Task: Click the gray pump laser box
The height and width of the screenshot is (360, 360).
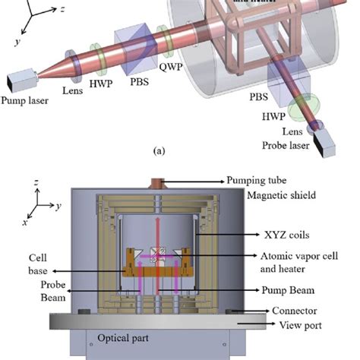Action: tap(17, 100)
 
